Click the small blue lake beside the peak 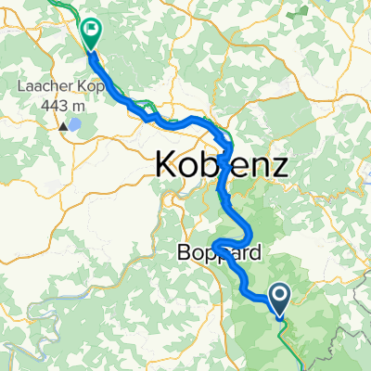(75, 122)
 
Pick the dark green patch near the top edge (301, 13)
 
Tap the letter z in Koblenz (276, 166)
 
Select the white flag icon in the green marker (92, 29)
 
